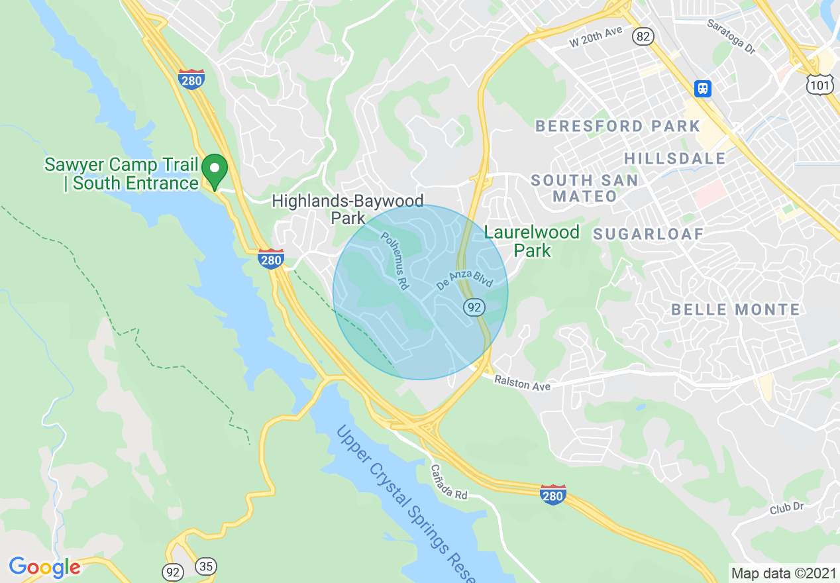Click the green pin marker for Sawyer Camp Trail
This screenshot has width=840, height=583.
[x=215, y=170]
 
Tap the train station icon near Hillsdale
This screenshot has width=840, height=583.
[x=702, y=88]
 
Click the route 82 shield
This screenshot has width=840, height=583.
[x=642, y=36]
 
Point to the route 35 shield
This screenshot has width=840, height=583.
[x=206, y=567]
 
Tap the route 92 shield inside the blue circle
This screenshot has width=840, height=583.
[x=474, y=307]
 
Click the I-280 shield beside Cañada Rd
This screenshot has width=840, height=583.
[x=552, y=495]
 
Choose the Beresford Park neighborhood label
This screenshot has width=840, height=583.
[x=617, y=126]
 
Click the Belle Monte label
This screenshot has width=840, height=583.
[x=735, y=309]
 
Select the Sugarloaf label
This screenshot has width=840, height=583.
[x=648, y=234]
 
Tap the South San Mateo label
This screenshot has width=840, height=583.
[x=584, y=188]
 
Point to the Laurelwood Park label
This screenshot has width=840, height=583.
[x=532, y=241]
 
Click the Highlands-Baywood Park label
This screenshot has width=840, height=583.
[x=348, y=209]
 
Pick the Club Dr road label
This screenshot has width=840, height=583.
[x=786, y=507]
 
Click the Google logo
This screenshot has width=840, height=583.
[x=44, y=567]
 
